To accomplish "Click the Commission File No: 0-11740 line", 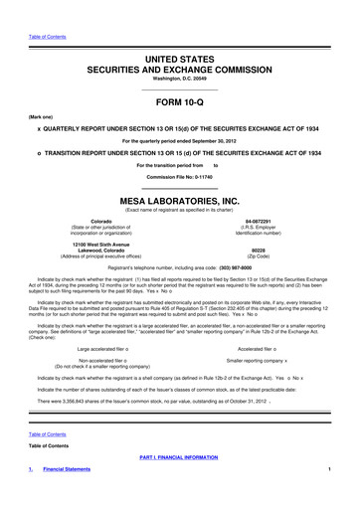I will pos(180,175).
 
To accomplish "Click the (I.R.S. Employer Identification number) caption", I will pos(260,230).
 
